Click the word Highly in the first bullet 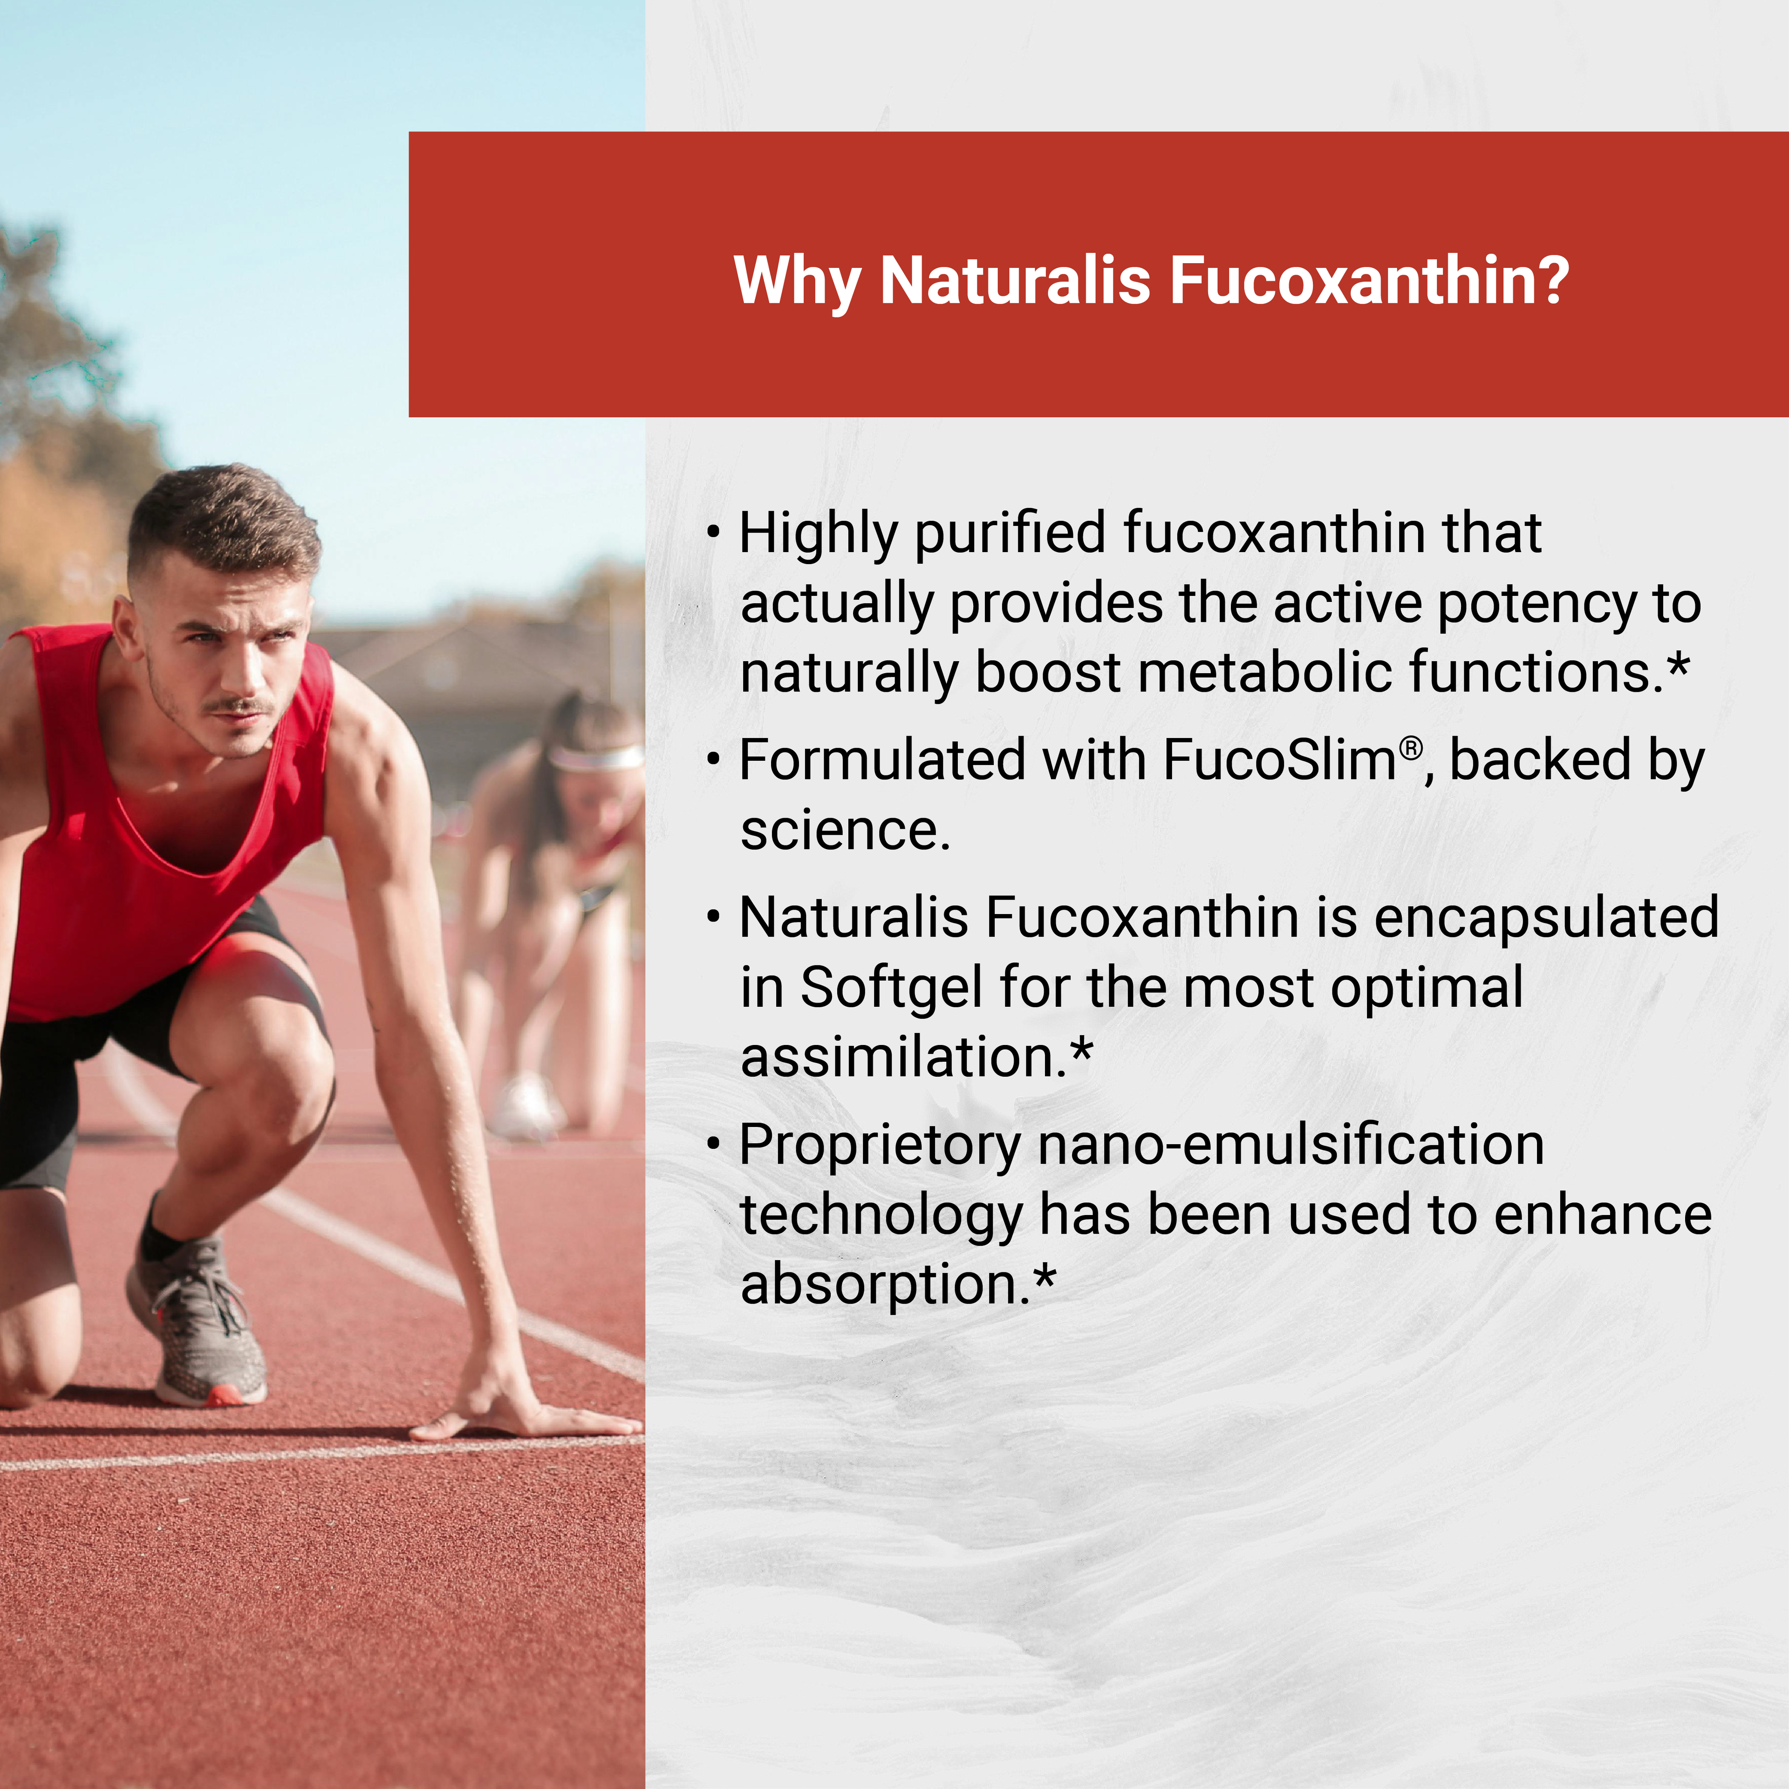coord(819,535)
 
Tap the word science coord(845,831)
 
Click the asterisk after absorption coord(1045,1279)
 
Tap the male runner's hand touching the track coord(519,1417)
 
